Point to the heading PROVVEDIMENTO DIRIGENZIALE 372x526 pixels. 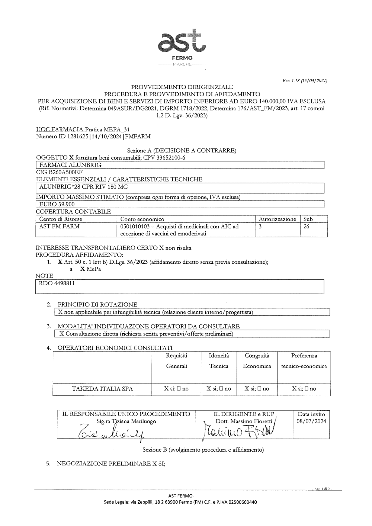click(182, 87)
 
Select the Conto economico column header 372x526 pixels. click(142, 219)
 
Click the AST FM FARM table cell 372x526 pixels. click(59, 226)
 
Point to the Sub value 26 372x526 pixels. click(307, 226)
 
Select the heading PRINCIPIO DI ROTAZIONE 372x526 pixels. click(97, 305)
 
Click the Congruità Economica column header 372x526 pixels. click(257, 361)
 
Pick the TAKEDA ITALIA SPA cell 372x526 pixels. click(102, 389)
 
